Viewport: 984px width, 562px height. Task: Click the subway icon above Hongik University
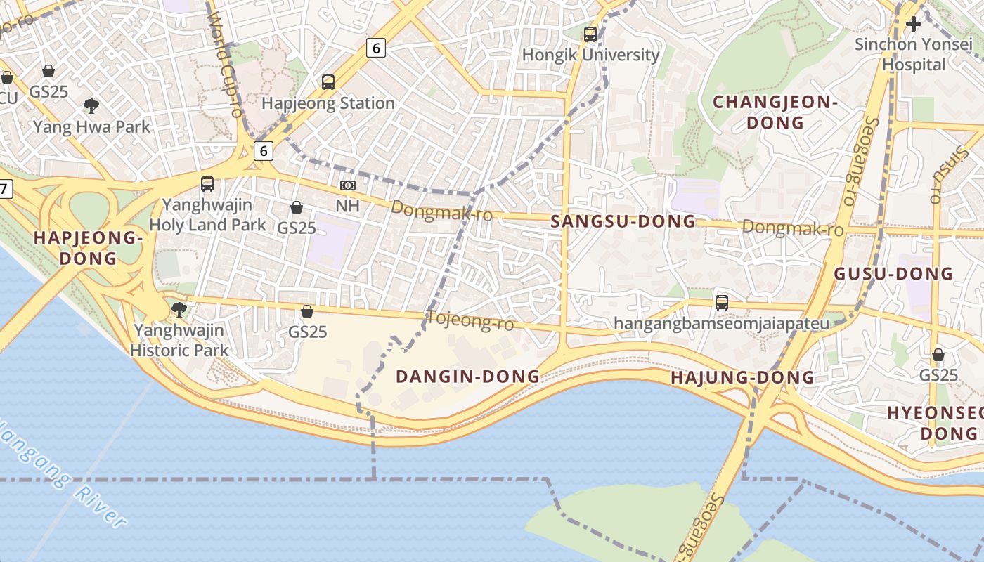click(590, 34)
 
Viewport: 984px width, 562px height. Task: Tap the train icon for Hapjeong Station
click(328, 82)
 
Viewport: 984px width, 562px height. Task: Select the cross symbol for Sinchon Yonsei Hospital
click(913, 25)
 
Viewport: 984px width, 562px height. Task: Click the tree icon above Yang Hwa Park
click(91, 106)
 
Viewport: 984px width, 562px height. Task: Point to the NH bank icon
click(348, 185)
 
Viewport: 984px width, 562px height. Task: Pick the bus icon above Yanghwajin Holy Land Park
click(207, 184)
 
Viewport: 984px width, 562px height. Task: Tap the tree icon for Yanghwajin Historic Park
click(179, 309)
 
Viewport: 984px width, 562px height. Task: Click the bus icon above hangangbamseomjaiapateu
click(722, 303)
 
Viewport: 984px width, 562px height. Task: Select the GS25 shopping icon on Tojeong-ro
click(307, 311)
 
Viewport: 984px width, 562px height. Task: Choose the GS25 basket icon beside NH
click(297, 207)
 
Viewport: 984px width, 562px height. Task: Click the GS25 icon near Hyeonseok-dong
click(938, 355)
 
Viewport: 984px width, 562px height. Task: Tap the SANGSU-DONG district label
click(623, 221)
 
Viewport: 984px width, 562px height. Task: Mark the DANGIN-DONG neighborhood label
click(467, 377)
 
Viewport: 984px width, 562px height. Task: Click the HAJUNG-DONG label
click(742, 377)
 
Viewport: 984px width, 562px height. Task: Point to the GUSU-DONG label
click(893, 274)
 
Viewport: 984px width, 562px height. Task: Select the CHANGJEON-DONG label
click(775, 112)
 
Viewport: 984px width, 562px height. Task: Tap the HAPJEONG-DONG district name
click(88, 248)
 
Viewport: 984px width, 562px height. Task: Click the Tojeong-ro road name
click(470, 321)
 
